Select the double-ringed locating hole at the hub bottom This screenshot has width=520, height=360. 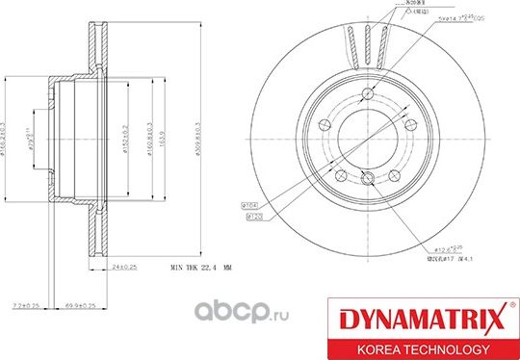point(370,177)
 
